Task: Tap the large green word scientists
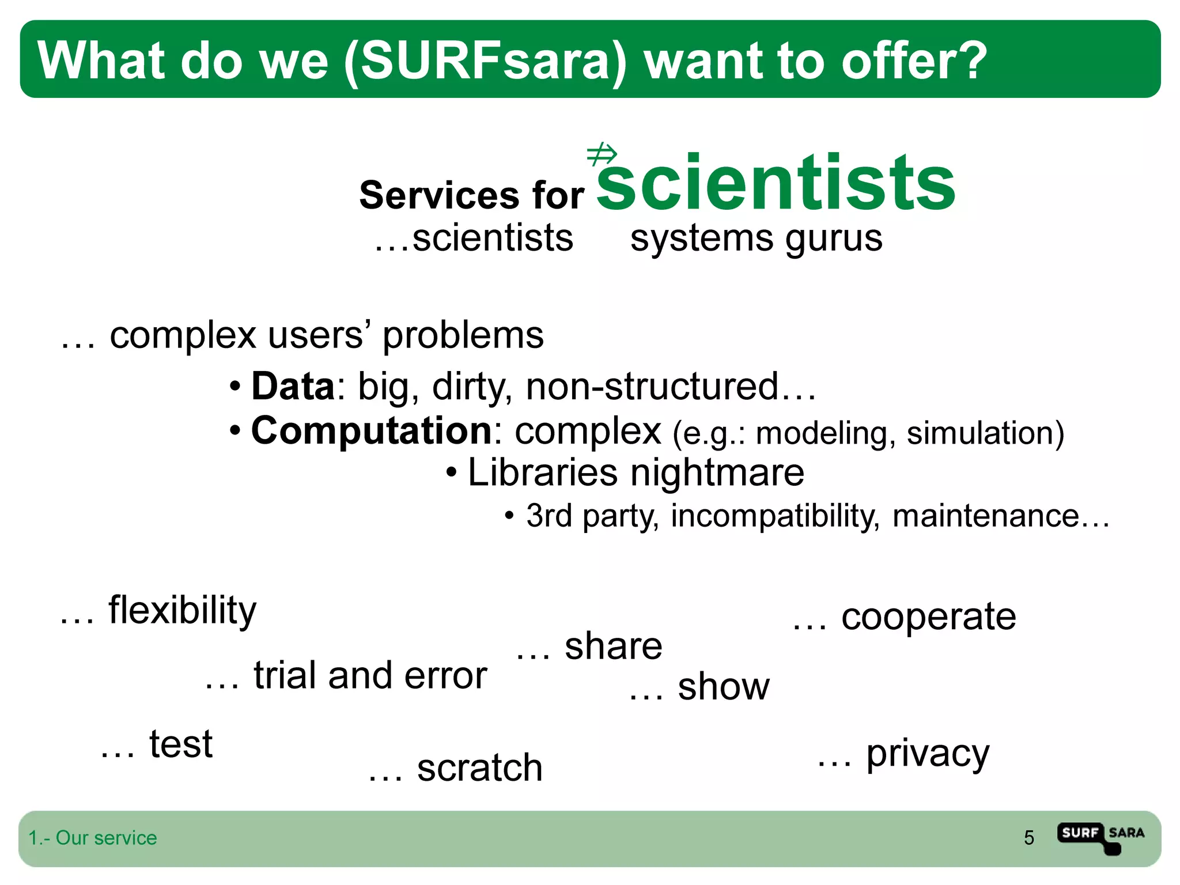[x=775, y=183]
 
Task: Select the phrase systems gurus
[x=756, y=238]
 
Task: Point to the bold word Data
[x=293, y=386]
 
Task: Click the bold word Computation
[x=371, y=430]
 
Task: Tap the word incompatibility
[x=776, y=516]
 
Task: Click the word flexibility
[x=182, y=611]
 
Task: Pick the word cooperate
[x=928, y=617]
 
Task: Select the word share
[x=613, y=646]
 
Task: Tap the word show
[x=723, y=687]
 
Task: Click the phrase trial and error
[x=370, y=675]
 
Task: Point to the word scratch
[x=479, y=768]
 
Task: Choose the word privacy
[x=928, y=754]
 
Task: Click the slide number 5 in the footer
[x=1028, y=838]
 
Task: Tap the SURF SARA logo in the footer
[x=1100, y=837]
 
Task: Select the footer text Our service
[x=106, y=838]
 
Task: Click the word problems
[x=463, y=335]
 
